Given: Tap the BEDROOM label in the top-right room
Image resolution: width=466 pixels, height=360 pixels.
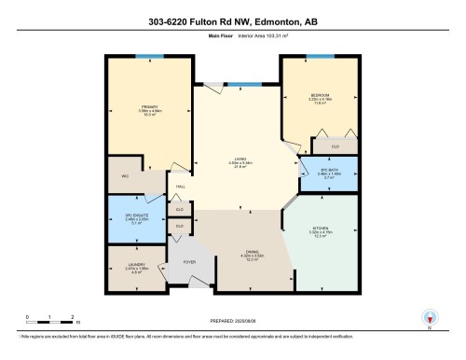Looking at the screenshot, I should pos(320,96).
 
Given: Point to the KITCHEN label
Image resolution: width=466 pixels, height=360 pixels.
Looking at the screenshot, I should pos(320,230).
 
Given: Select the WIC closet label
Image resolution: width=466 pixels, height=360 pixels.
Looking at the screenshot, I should pos(123,176).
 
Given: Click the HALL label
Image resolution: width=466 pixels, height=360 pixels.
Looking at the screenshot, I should pos(180,187).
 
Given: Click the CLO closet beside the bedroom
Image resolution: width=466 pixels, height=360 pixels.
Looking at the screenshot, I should pos(333,146).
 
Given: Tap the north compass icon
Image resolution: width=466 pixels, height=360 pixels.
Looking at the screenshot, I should pos(429,318).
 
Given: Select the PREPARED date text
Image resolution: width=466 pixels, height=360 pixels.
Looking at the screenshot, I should pos(232,320).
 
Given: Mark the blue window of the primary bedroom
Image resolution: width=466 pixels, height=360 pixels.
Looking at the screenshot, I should pos(144,56).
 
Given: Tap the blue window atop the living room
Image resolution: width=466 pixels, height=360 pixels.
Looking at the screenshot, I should pos(239,85).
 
